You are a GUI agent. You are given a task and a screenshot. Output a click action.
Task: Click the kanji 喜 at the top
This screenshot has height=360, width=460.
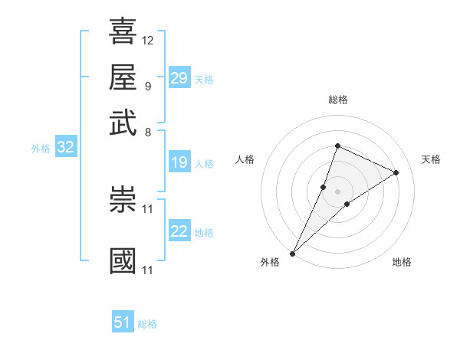pos(123,31)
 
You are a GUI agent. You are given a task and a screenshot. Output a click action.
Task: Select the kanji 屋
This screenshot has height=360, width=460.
pos(123,77)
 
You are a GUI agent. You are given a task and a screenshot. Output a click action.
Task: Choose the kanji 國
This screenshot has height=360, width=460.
pos(123,260)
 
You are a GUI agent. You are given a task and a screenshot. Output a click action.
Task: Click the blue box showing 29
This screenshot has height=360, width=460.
pos(179,78)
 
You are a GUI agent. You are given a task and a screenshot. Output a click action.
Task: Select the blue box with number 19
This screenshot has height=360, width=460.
pos(179,162)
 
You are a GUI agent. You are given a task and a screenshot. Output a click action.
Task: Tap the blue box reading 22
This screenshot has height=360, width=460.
pos(179,232)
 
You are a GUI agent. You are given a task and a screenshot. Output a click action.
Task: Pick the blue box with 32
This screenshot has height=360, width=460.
pos(65,148)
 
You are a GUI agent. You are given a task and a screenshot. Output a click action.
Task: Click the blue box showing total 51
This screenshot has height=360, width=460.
pos(123,322)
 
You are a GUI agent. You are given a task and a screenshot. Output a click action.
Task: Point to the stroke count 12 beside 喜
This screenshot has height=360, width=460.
pos(148,40)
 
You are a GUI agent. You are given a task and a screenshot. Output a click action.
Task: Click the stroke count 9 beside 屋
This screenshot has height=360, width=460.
pos(147,86)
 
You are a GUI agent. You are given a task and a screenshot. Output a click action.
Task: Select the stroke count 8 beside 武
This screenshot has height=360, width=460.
pos(147,132)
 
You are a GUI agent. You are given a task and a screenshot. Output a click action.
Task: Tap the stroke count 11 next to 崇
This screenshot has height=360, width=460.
pos(148,208)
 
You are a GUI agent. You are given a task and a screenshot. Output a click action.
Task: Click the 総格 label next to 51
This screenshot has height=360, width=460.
pos(147,324)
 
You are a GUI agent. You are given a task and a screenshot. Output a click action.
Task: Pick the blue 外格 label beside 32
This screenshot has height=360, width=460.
pos(41,149)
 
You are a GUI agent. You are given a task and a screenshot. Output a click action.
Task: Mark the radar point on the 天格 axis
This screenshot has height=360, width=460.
pos(396,172)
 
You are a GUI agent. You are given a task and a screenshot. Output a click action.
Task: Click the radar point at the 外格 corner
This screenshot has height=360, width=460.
pos(293,253)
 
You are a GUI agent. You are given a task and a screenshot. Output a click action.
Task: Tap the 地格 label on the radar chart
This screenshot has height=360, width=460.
pos(402,263)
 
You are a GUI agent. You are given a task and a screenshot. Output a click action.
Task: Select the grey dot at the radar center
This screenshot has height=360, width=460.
pos(337,191)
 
